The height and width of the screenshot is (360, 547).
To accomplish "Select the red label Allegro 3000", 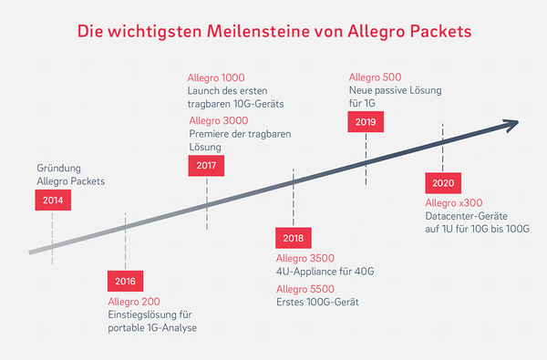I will (220, 120).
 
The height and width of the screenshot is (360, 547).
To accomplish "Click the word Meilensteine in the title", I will (254, 33).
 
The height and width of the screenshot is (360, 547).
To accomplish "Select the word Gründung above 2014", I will (60, 169).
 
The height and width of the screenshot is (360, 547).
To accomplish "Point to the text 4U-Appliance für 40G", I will (325, 272).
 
